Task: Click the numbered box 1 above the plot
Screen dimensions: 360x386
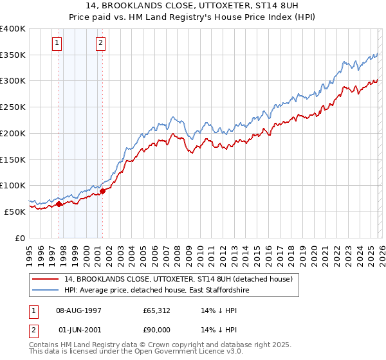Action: tap(57, 44)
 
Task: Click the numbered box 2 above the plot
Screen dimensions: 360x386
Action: tap(101, 44)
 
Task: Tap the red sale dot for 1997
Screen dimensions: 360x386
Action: tap(59, 204)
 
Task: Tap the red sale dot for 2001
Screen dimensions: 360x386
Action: tap(102, 191)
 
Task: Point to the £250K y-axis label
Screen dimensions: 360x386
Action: tap(13, 107)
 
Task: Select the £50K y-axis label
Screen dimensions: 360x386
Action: tap(15, 212)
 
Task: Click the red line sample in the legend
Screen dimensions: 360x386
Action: tap(46, 279)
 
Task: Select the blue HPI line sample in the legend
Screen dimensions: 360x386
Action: tap(46, 291)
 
